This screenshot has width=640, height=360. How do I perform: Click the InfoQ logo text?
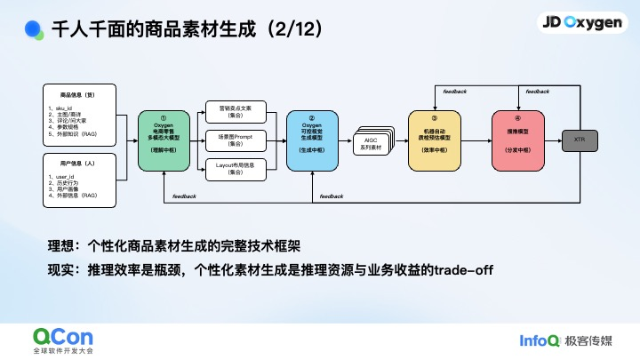pyautogui.click(x=541, y=339)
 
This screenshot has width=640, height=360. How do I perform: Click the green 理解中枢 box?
pyautogui.click(x=163, y=140)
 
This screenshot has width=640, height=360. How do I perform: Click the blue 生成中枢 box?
pyautogui.click(x=312, y=140)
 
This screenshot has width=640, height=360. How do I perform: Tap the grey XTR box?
pyautogui.click(x=580, y=140)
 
